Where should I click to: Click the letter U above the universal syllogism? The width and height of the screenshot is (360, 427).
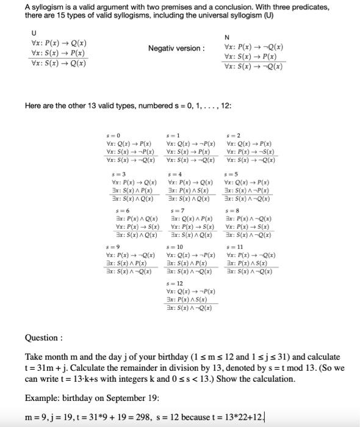[34, 32]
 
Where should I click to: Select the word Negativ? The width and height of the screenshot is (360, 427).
[162, 48]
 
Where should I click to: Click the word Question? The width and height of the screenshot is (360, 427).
[41, 337]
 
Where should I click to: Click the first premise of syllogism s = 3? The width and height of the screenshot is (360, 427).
[134, 182]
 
